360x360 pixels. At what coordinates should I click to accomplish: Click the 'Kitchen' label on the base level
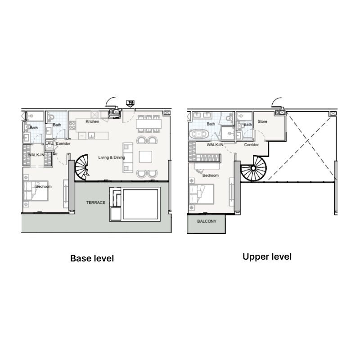tap(92, 121)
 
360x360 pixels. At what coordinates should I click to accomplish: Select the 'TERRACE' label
tap(95, 203)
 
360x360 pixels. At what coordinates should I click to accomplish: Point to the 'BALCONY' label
tap(207, 221)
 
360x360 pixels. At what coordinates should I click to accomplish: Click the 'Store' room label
tap(262, 121)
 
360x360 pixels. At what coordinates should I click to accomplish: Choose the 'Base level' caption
tap(92, 259)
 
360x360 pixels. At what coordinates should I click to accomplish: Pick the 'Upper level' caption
tap(267, 257)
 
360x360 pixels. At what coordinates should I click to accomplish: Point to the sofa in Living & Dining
tap(128, 157)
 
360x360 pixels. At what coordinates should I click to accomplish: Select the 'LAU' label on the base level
tap(49, 144)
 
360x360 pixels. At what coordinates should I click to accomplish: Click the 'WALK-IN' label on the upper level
tap(216, 145)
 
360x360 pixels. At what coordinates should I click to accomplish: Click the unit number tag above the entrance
tap(131, 103)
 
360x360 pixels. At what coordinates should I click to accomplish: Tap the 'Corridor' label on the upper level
tap(251, 145)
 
